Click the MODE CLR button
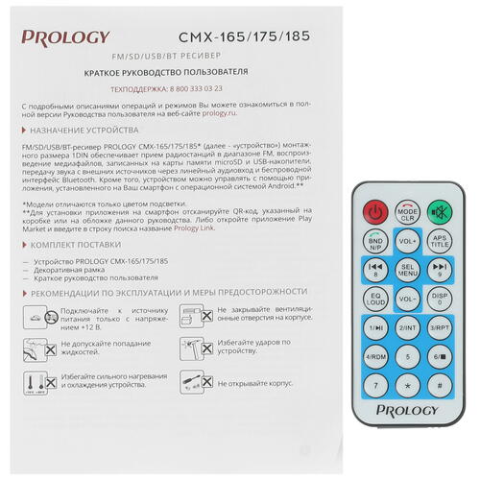(x=407, y=209)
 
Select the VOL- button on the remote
(x=407, y=298)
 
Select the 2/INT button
(x=407, y=327)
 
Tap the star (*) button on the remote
(x=407, y=386)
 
